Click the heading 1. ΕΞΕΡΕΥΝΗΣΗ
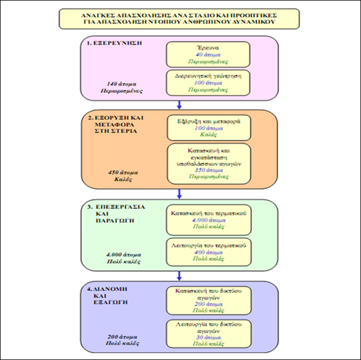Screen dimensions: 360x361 point(111,43)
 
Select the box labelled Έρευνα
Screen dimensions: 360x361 point(208,54)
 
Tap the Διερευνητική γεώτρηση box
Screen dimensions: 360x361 point(208,81)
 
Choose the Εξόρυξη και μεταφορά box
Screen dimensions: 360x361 point(208,127)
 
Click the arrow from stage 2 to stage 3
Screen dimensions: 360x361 point(179,193)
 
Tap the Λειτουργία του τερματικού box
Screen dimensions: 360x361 point(208,252)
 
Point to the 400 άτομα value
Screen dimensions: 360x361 point(208,252)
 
